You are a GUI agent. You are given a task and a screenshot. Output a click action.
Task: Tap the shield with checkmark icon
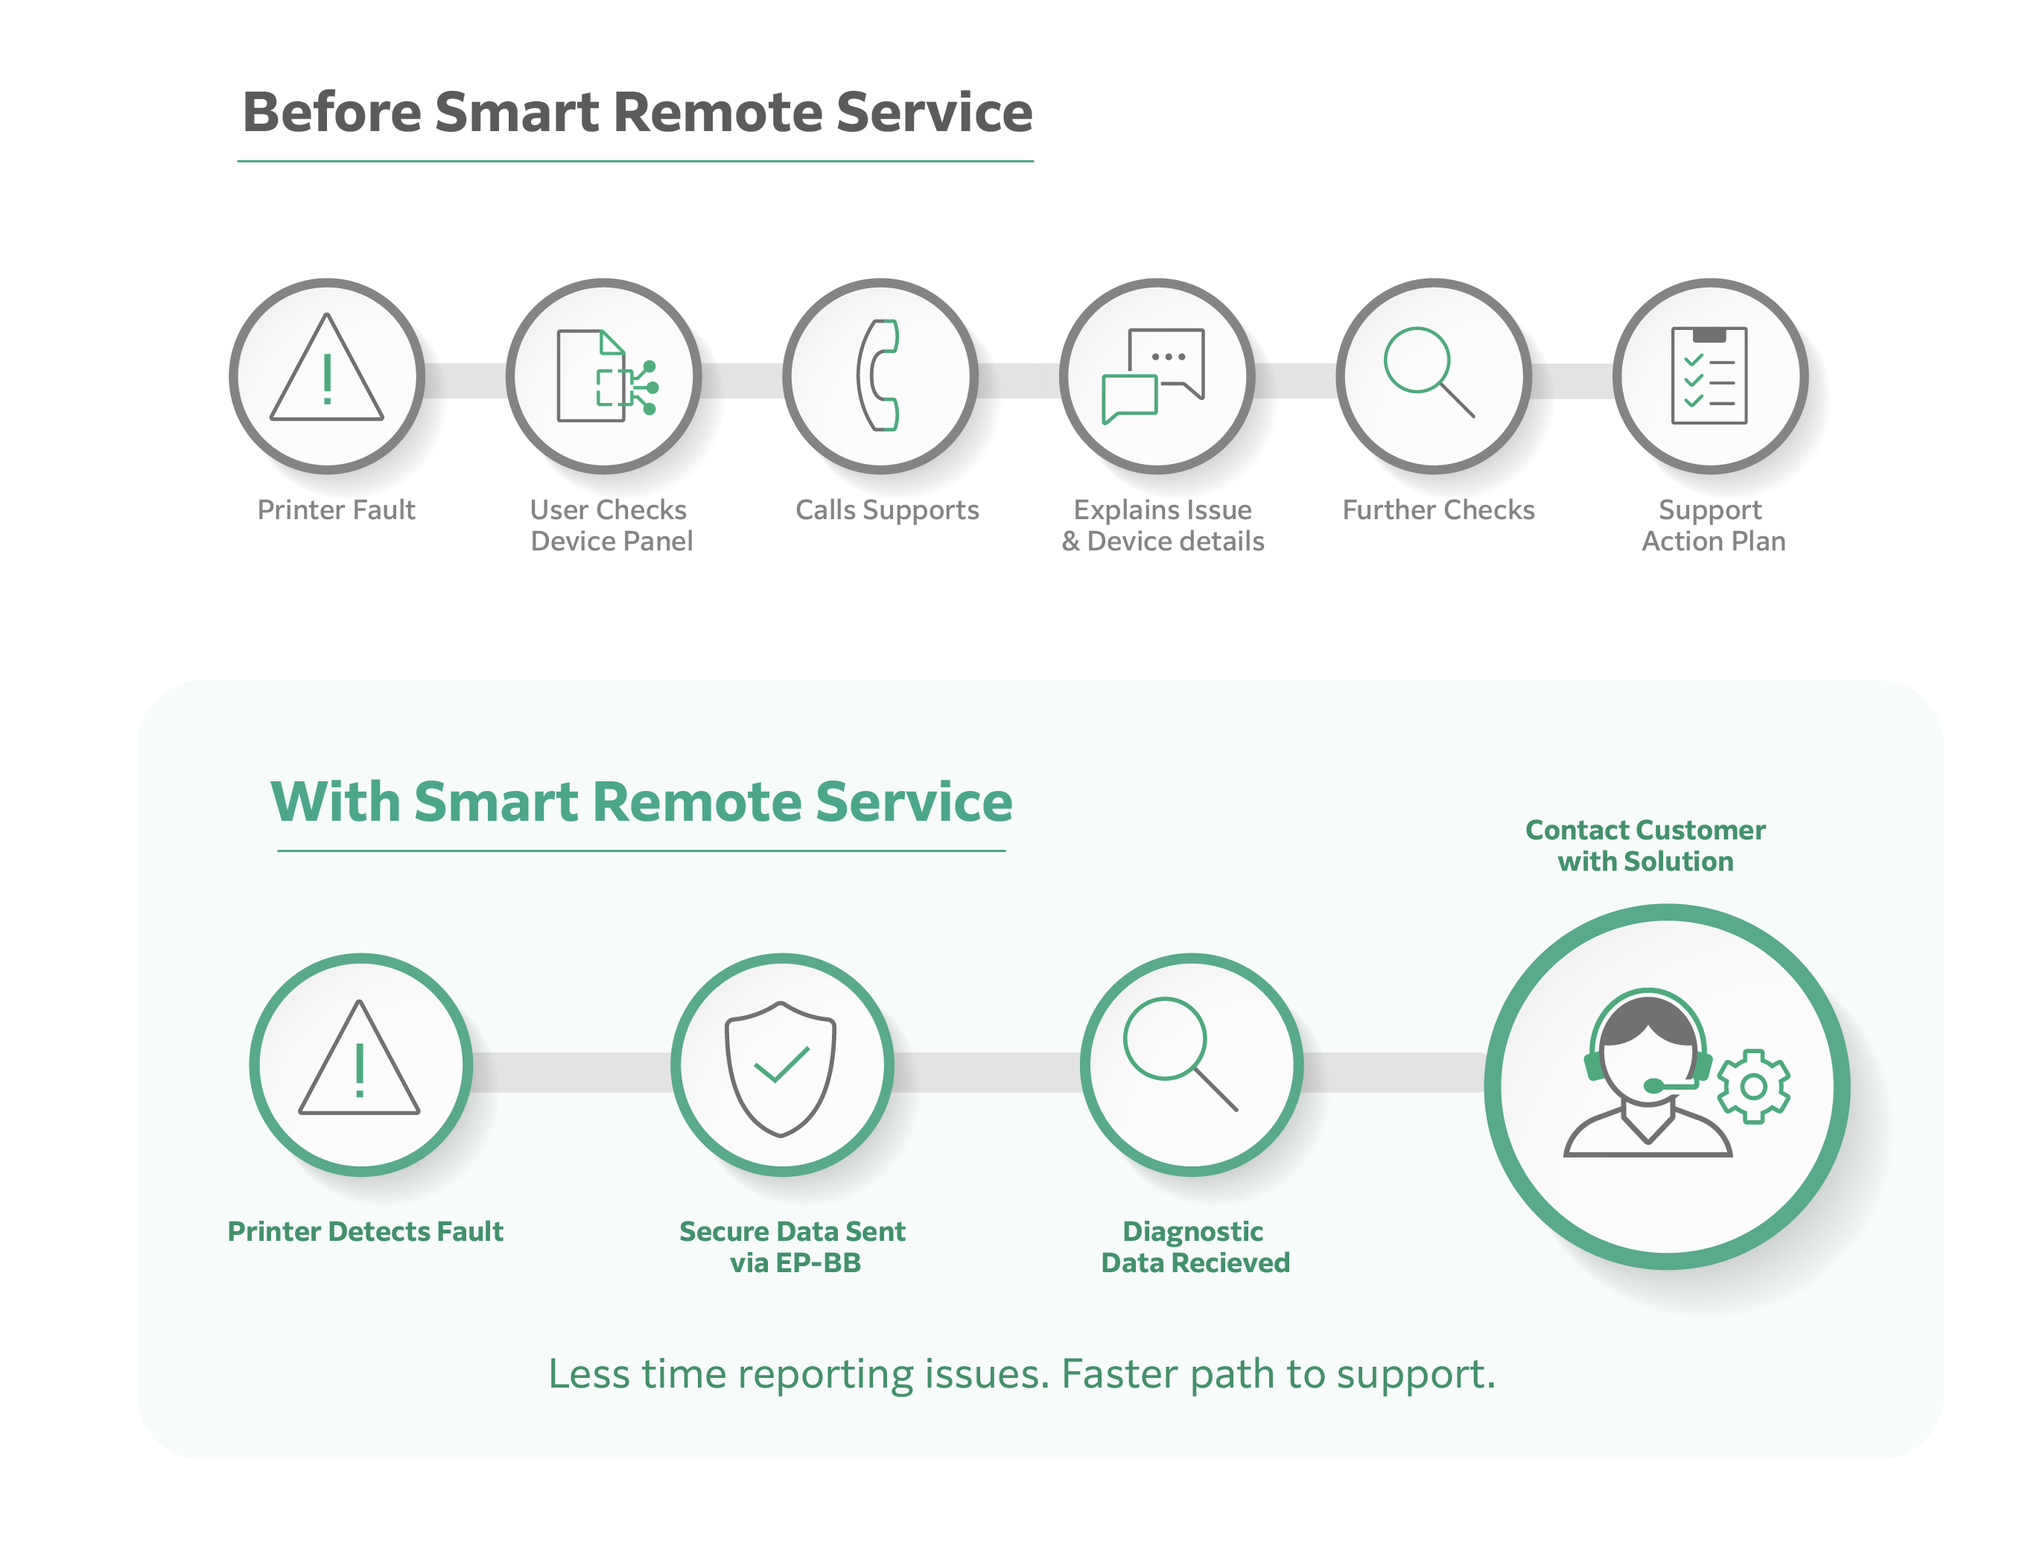tap(781, 1069)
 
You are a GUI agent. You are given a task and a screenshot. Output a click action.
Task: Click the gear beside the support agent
tap(1753, 1086)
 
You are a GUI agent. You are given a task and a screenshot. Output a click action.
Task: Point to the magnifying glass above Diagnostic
tap(1181, 1054)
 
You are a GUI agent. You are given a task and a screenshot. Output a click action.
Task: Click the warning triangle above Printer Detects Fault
tap(359, 1058)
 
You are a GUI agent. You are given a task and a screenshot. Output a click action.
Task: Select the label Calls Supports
tap(886, 509)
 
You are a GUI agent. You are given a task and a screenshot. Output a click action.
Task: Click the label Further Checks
tap(1438, 509)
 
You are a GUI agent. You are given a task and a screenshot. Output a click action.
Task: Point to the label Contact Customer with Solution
tap(1645, 845)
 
